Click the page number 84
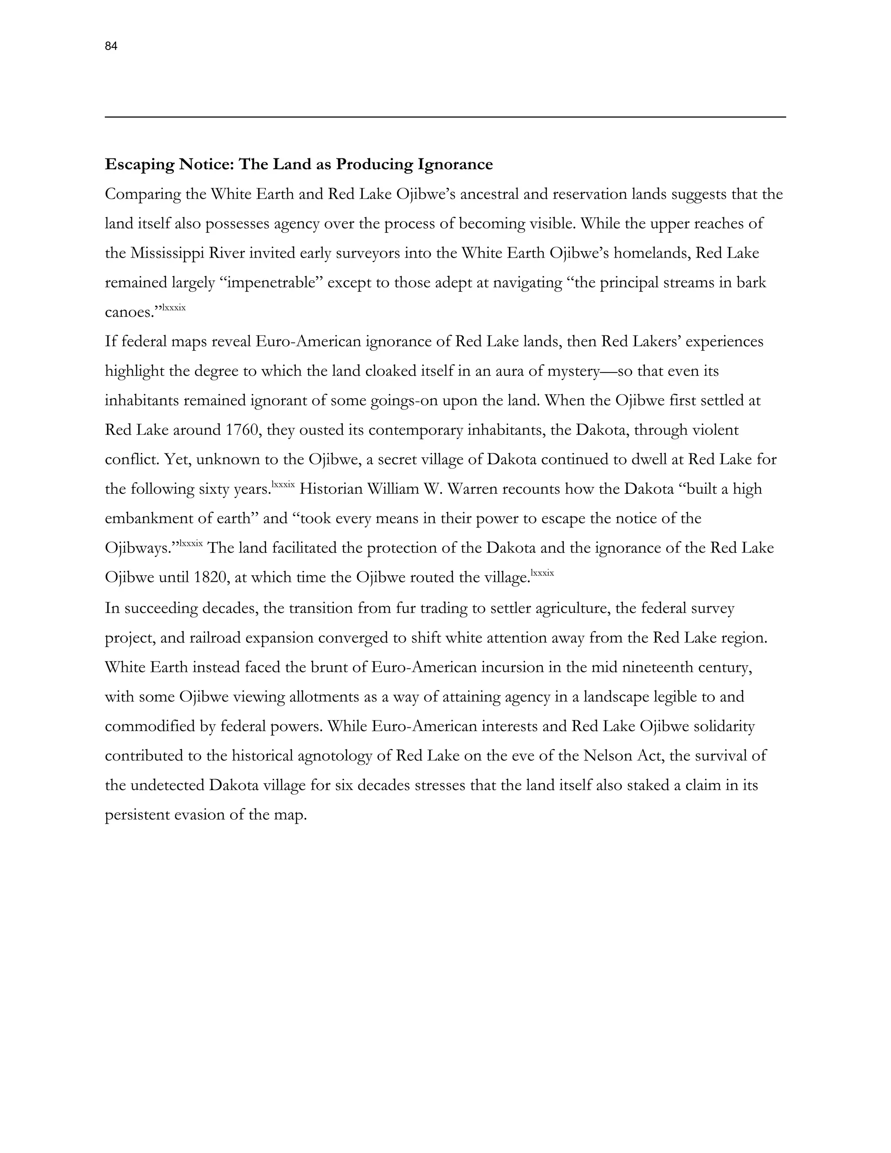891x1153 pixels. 111,47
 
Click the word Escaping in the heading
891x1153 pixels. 139,165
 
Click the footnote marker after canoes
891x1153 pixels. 174,307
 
